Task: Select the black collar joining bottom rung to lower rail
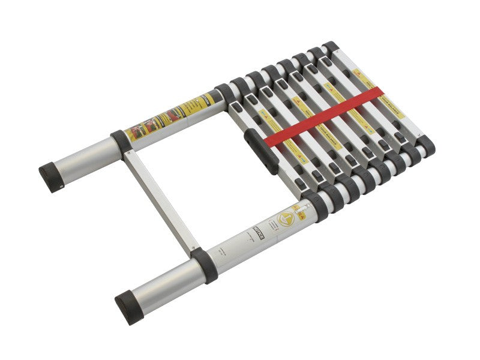(x=204, y=265)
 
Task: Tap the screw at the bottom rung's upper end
(x=127, y=153)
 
